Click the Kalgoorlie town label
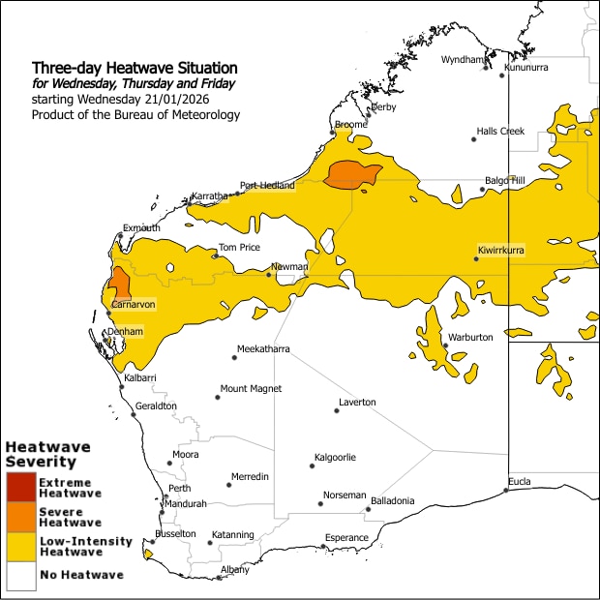pos(335,457)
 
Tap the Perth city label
pos(180,488)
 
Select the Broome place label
pos(350,125)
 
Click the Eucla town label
pos(521,481)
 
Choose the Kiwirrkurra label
pos(500,250)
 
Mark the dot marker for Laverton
pos(336,411)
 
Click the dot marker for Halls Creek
pos(473,139)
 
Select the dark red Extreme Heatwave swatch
pos(19,487)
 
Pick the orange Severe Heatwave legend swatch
pos(19,517)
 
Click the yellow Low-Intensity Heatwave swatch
pos(19,547)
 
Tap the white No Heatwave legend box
pos(19,576)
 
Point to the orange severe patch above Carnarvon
pos(120,284)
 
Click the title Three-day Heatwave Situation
pos(135,69)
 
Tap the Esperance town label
pos(346,538)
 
